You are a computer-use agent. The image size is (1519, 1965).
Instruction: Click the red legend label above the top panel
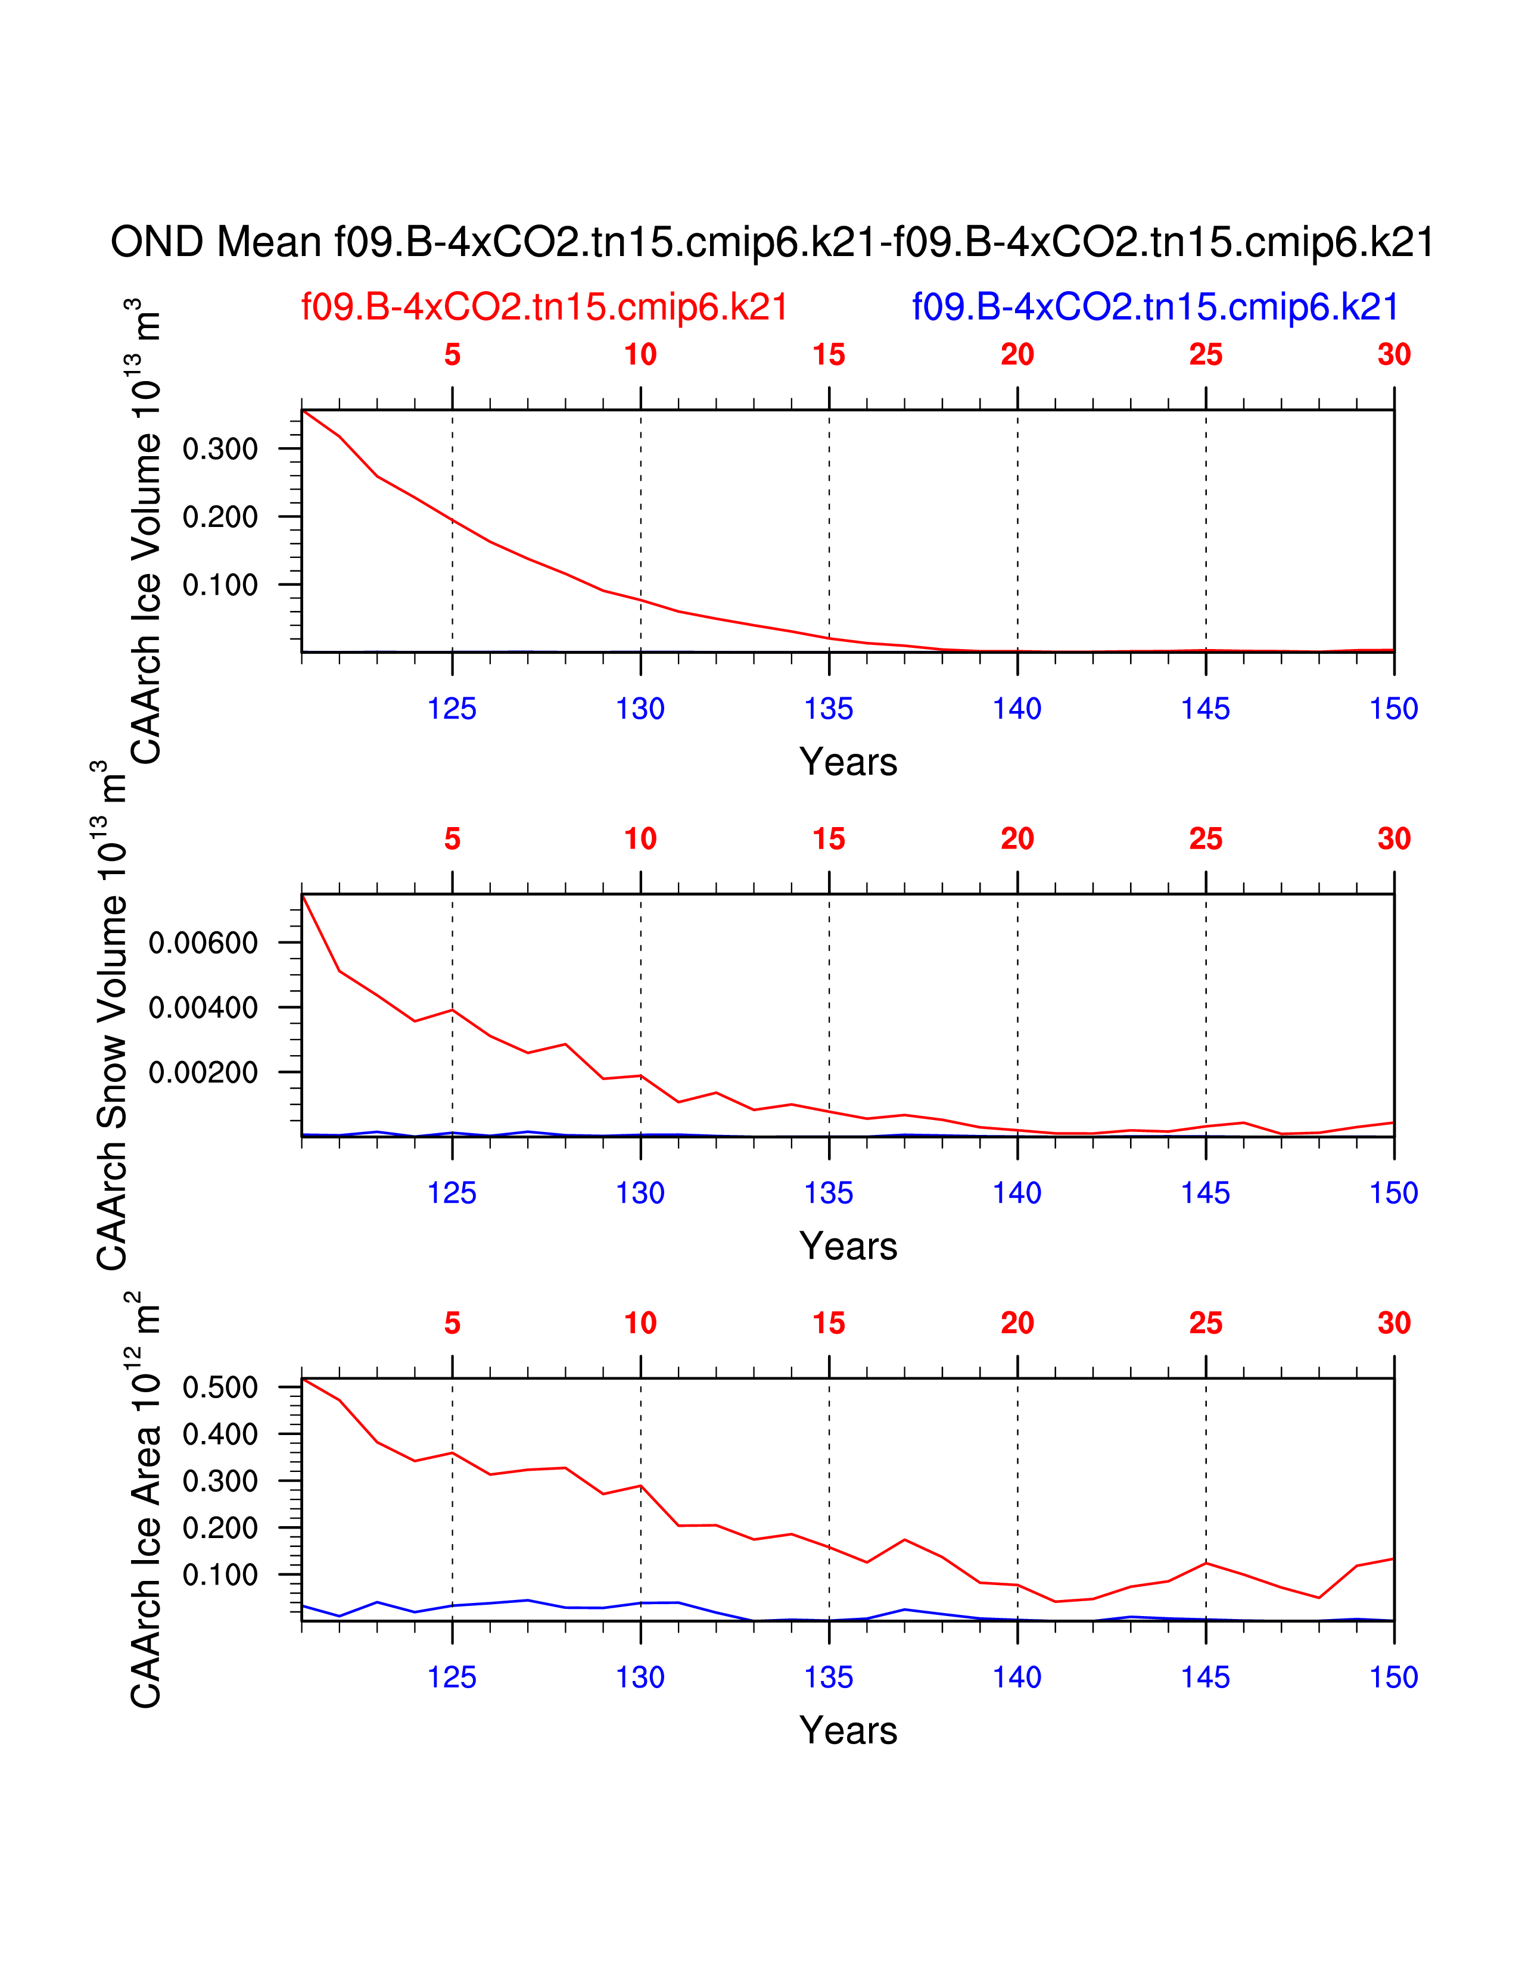(x=544, y=308)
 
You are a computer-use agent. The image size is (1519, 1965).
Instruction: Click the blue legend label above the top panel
(x=1156, y=308)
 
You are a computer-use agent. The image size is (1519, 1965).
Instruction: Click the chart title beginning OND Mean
(x=772, y=243)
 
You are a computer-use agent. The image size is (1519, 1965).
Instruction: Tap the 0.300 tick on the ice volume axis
(x=220, y=449)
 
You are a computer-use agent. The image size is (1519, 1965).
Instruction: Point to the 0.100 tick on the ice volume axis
(x=220, y=586)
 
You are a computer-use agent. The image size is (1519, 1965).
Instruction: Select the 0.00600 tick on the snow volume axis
(x=203, y=943)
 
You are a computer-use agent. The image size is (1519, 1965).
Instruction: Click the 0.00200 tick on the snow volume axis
(x=203, y=1072)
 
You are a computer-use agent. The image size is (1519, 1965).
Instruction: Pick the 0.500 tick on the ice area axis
(x=220, y=1387)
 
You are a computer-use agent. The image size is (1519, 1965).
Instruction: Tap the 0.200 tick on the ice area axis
(x=220, y=1528)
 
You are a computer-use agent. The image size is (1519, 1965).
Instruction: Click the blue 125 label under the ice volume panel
(x=452, y=709)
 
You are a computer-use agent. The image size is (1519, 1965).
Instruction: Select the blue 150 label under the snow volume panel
(x=1393, y=1193)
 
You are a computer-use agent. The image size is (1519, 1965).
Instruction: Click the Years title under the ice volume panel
(x=848, y=762)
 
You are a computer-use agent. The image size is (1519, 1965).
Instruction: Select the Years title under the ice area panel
(x=848, y=1730)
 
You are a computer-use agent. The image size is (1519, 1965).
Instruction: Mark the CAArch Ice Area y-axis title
(x=146, y=1500)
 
